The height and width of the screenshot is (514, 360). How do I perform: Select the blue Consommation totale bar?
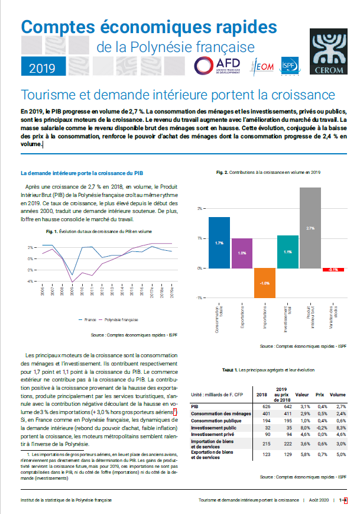pos(219,243)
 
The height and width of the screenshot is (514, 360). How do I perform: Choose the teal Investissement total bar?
pos(288,251)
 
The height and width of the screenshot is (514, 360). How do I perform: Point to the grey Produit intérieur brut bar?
pos(310,228)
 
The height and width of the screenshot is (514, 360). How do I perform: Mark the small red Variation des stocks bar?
pos(333,270)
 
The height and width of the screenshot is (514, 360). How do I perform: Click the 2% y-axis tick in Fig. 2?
pos(200,208)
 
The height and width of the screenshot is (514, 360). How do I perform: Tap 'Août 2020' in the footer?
pos(319,500)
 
